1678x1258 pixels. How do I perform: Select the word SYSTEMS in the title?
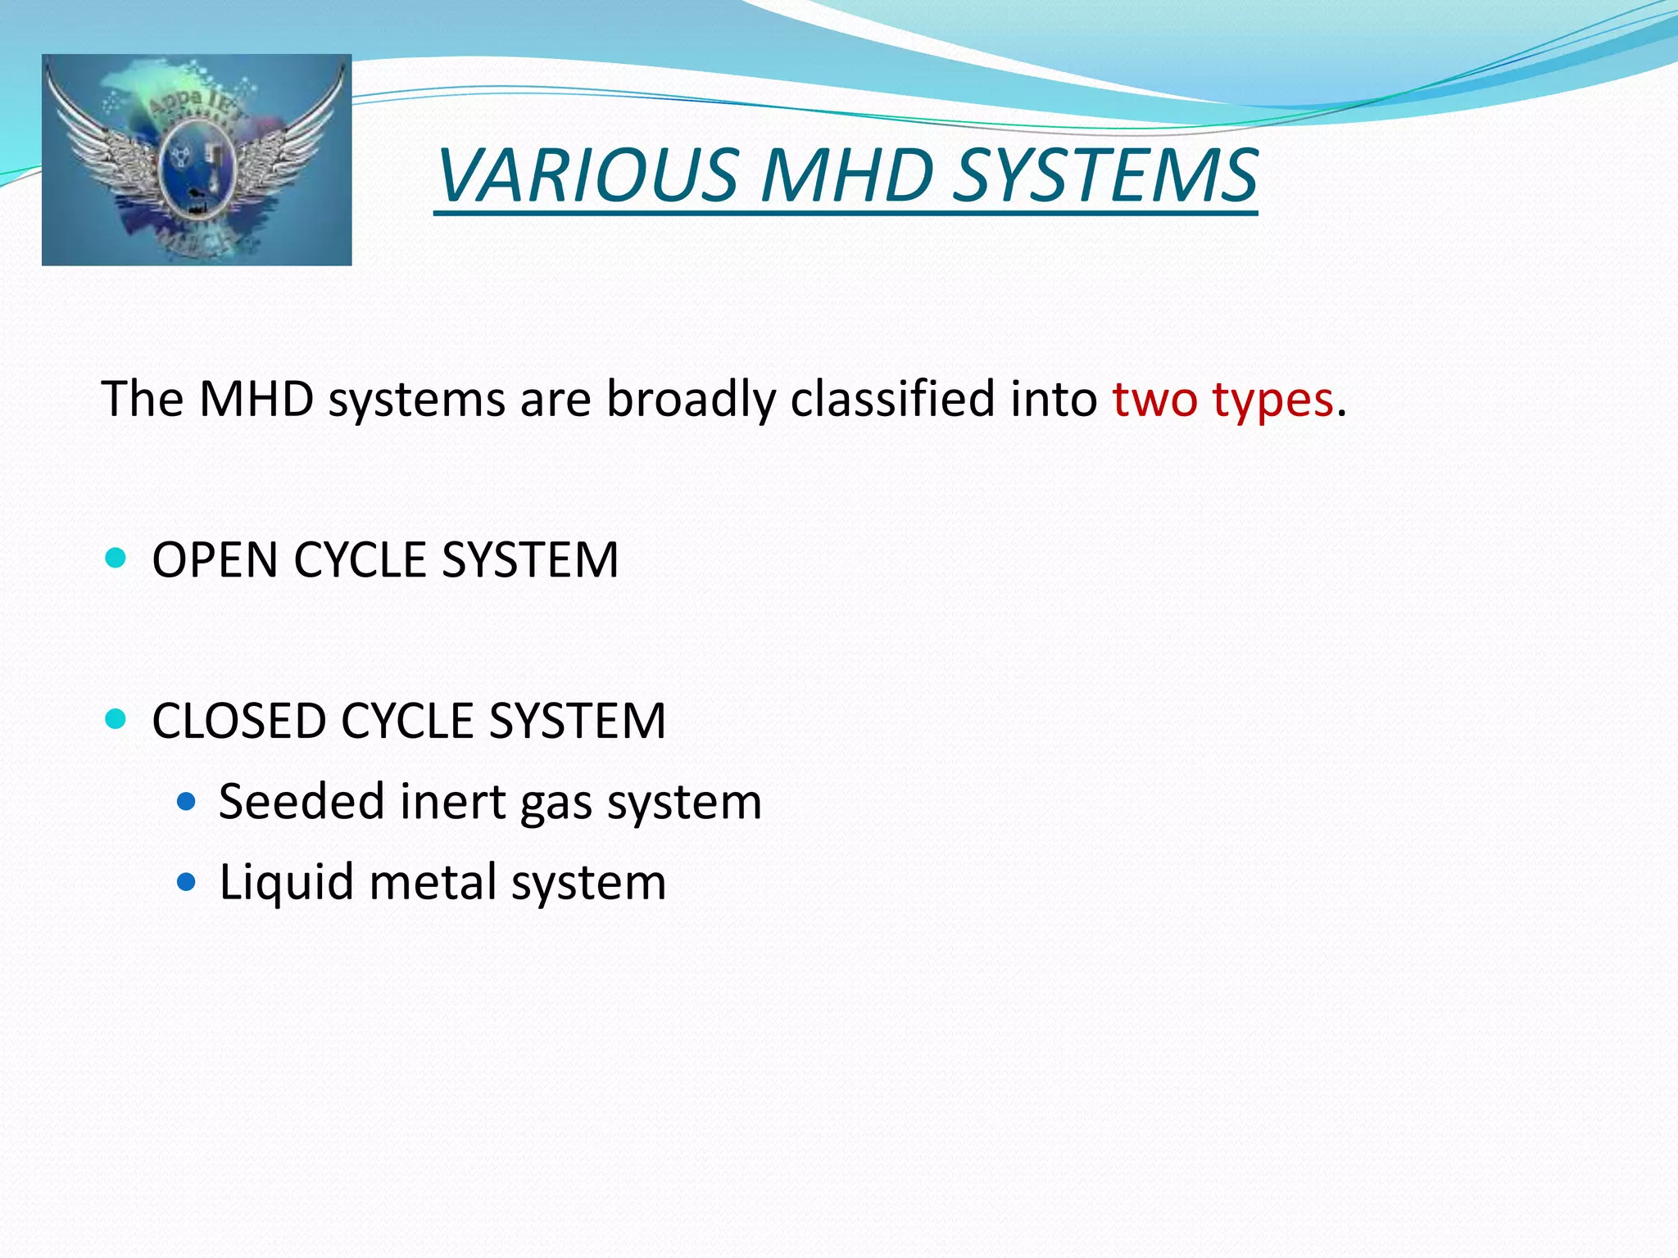tap(1105, 175)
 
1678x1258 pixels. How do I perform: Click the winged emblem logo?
tap(197, 160)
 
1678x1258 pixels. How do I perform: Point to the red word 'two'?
tap(1155, 400)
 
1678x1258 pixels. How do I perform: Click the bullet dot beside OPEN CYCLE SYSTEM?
tap(116, 559)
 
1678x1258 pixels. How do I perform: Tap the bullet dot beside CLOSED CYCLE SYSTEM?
tap(116, 720)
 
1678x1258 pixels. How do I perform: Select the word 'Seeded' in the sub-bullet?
tap(302, 801)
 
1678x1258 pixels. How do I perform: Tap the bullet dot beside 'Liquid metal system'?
tap(187, 882)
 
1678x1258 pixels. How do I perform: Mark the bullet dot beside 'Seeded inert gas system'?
tap(187, 801)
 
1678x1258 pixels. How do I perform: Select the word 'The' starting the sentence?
tap(143, 400)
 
